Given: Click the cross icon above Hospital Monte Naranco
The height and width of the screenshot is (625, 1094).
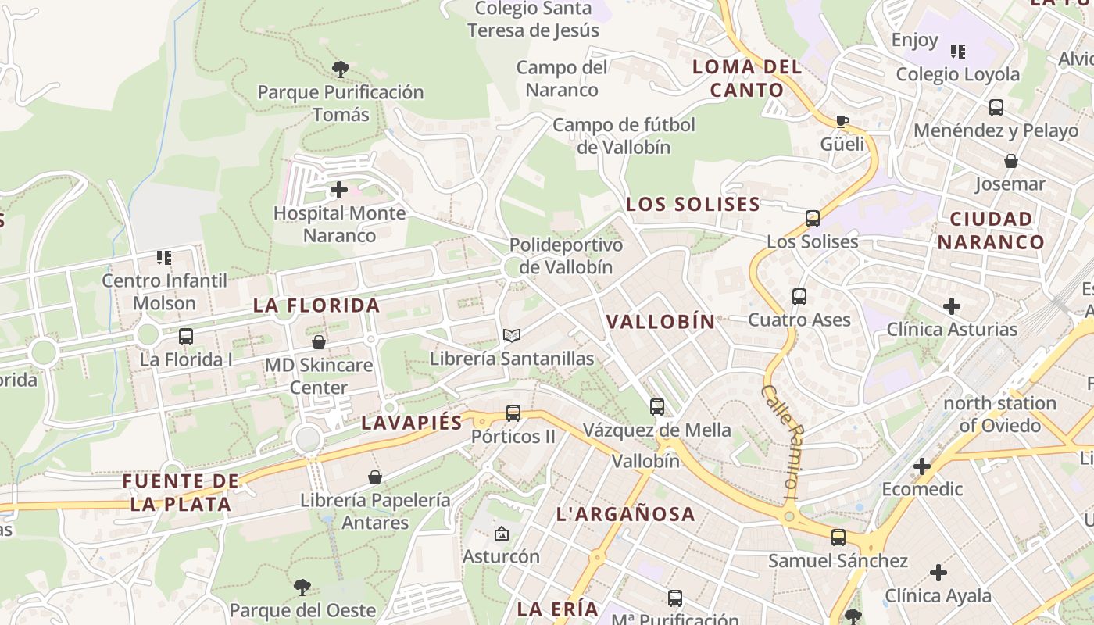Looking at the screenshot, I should pos(339,190).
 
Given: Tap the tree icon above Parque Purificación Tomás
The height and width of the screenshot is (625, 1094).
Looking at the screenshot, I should pos(340,70).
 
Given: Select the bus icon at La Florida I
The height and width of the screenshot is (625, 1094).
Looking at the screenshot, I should pos(186,337).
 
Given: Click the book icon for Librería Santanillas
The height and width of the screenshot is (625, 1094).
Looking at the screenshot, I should pos(512,335).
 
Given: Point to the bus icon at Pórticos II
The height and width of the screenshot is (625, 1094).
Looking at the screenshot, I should pos(513,413).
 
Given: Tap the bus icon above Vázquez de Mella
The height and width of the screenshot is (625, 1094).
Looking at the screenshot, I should pos(657,407).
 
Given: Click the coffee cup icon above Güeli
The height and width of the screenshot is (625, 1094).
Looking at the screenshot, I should pos(842,121).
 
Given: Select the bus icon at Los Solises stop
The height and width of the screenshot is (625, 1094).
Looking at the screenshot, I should pos(813,219).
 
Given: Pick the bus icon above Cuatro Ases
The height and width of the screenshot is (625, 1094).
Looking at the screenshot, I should pos(799,297).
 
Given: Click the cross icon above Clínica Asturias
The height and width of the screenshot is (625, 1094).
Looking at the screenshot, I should pos(952,306).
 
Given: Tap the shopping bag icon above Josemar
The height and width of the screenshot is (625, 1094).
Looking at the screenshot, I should pos(1011,162).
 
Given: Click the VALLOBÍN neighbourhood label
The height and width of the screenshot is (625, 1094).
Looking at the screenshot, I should pos(660,321).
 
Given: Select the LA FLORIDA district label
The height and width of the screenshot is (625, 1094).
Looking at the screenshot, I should pos(316,305).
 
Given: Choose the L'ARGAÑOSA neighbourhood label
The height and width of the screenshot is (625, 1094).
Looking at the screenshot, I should pos(625,514).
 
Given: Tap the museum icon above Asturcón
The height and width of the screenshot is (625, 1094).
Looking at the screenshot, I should pos(501,534).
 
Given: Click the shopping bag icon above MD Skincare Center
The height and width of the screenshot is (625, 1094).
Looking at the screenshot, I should pos(319,342).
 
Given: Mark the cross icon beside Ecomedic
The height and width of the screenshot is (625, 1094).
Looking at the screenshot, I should pos(922,467).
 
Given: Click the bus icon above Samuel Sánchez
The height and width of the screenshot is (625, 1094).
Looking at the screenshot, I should pos(838,537).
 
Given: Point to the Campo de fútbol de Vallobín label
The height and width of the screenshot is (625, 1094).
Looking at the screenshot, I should pos(624,135).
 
